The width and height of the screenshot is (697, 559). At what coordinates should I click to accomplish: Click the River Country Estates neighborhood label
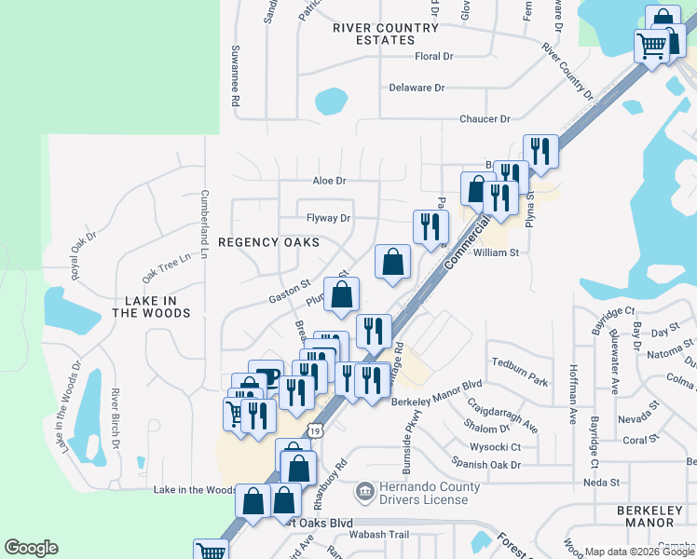pyautogui.click(x=386, y=34)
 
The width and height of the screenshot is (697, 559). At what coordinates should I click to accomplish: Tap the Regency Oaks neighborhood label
pyautogui.click(x=268, y=242)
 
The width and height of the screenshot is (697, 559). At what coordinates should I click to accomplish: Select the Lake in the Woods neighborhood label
pyautogui.click(x=151, y=307)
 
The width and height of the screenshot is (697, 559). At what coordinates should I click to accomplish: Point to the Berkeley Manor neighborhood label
pyautogui.click(x=650, y=518)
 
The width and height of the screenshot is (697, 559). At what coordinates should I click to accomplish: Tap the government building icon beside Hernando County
pyautogui.click(x=364, y=490)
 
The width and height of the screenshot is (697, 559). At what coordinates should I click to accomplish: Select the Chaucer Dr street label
pyautogui.click(x=485, y=119)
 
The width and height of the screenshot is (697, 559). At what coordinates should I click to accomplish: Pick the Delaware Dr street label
pyautogui.click(x=416, y=88)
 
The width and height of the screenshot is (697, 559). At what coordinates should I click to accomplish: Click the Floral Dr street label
pyautogui.click(x=433, y=57)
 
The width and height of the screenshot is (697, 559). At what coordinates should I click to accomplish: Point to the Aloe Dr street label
pyautogui.click(x=328, y=181)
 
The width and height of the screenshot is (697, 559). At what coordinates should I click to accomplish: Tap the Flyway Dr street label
pyautogui.click(x=328, y=219)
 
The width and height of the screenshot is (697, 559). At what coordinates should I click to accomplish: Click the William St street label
pyautogui.click(x=495, y=252)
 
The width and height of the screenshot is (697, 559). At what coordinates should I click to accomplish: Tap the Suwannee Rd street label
pyautogui.click(x=237, y=75)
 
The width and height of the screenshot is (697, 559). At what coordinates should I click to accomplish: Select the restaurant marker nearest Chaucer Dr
pyautogui.click(x=540, y=150)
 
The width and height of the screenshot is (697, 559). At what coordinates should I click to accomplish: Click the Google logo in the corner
pyautogui.click(x=32, y=548)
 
